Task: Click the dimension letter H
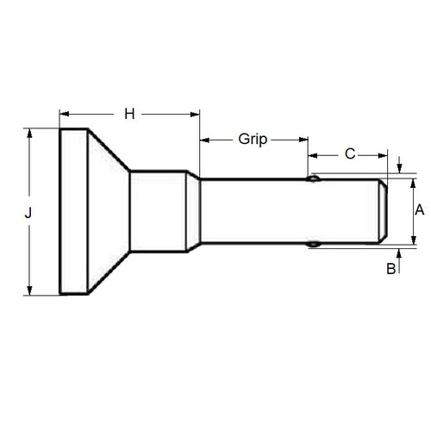coord(129,113)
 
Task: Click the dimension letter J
coord(28,212)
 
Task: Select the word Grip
coord(253,139)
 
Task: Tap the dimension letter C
coord(349,154)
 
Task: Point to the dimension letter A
coord(419,209)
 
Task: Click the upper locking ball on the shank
coord(315,178)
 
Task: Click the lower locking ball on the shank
coord(315,244)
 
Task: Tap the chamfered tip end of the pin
coord(381,211)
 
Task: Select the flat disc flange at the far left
coord(72,211)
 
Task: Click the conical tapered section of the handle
coord(108,211)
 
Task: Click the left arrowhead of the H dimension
coord(63,113)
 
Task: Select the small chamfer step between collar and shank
coord(193,211)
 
